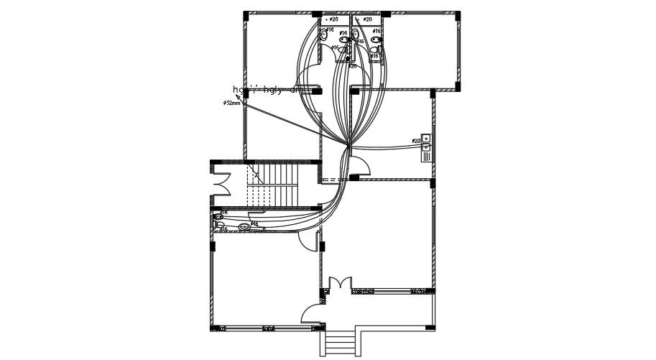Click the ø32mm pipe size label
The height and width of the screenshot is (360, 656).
[231, 103]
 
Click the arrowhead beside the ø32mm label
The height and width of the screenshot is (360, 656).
[239, 96]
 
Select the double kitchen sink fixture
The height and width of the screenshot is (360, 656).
[426, 142]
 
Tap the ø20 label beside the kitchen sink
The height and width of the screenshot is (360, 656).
[416, 141]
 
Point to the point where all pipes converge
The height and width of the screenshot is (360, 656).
[348, 146]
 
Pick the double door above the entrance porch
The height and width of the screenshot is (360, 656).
[339, 283]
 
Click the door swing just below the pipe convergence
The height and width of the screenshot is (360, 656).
[361, 166]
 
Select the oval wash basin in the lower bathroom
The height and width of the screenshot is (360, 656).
[244, 226]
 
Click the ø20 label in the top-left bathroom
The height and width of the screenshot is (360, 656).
[333, 19]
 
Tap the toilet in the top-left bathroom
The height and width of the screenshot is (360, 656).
[324, 34]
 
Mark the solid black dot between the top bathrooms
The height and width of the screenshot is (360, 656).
[348, 58]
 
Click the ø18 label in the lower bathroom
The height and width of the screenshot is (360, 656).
[224, 213]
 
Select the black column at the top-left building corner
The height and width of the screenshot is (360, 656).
[246, 14]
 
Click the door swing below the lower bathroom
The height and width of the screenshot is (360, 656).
[308, 241]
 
